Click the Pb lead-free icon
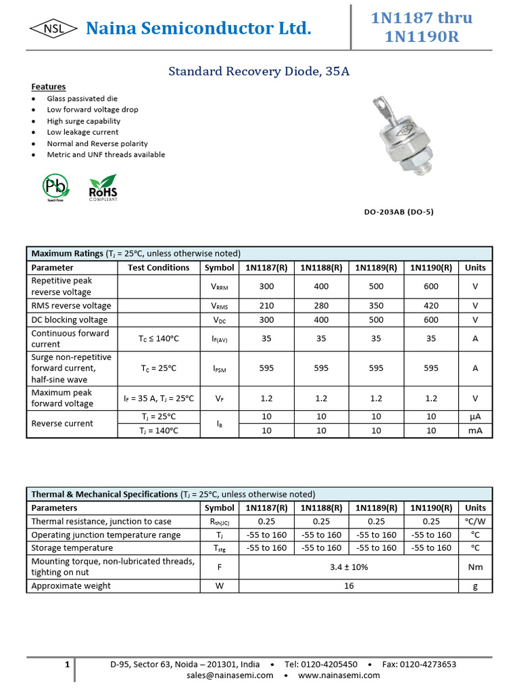(x=55, y=187)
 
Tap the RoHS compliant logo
(x=103, y=187)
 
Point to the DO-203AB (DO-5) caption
(x=399, y=212)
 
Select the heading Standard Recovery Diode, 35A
(x=259, y=71)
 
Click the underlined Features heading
(x=49, y=87)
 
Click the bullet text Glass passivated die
(x=82, y=99)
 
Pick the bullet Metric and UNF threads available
(x=105, y=154)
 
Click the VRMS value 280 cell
(x=321, y=306)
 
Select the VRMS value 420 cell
(x=431, y=306)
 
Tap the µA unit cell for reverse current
(x=475, y=417)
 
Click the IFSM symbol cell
(x=220, y=368)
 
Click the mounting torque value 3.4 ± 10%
(x=349, y=567)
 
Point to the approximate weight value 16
(x=349, y=586)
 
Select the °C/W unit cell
(x=475, y=521)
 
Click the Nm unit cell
(x=475, y=567)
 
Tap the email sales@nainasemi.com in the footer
(x=230, y=675)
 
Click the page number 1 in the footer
(x=68, y=665)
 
